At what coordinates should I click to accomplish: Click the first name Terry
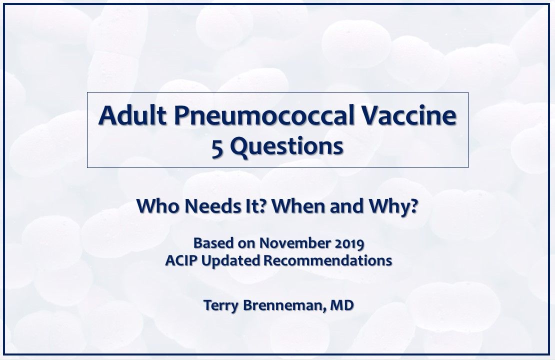(x=220, y=305)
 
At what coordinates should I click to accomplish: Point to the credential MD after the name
(x=342, y=305)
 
